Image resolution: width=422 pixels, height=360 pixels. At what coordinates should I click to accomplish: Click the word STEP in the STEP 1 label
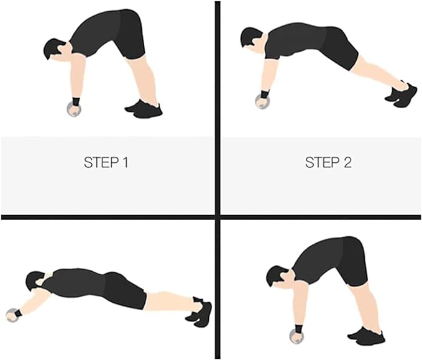(101, 162)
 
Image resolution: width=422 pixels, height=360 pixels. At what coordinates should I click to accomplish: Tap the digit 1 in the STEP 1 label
(125, 162)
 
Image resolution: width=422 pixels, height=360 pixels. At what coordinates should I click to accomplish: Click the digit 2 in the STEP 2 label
(347, 162)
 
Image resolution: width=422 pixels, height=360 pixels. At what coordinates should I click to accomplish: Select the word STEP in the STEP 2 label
(322, 162)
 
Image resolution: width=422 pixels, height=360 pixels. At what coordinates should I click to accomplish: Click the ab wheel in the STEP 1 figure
(74, 109)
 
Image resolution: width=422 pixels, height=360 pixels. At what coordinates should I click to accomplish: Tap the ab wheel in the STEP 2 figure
(262, 102)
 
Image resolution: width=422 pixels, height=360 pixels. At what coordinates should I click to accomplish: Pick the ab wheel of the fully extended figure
(12, 315)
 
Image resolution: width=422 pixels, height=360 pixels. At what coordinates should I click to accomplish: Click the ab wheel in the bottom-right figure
(296, 336)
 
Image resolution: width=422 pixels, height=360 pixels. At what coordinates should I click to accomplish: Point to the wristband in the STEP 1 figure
(76, 101)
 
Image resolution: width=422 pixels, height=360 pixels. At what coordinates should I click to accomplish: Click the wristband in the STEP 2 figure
(265, 94)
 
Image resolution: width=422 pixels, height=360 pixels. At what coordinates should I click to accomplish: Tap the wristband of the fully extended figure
(18, 313)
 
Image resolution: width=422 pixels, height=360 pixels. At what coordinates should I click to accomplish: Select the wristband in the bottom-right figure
(299, 329)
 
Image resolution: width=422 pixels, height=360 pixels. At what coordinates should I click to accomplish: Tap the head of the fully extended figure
(36, 280)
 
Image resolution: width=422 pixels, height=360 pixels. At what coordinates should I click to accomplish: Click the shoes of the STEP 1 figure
(144, 109)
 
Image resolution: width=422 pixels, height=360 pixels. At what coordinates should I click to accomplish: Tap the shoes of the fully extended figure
(199, 312)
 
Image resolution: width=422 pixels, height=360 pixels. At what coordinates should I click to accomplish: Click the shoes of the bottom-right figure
(367, 336)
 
